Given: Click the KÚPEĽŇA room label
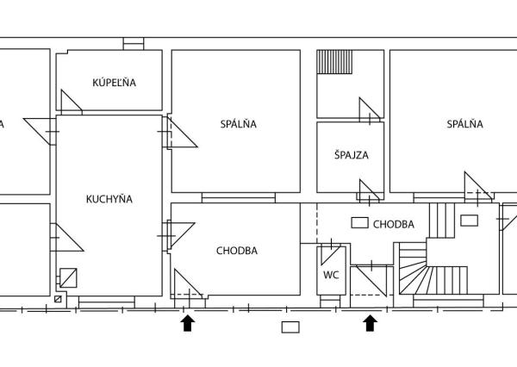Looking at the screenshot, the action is [114, 82].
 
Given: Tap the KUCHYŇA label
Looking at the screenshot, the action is [109, 199].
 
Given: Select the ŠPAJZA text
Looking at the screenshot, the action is [352, 154].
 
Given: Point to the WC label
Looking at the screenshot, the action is [331, 275].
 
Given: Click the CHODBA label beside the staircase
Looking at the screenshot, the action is [394, 224].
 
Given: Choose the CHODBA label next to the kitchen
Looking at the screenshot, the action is [237, 251].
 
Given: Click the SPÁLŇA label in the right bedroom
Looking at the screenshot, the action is [465, 124].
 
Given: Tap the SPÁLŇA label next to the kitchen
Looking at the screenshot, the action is [239, 124].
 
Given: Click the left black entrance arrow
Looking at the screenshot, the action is [188, 323].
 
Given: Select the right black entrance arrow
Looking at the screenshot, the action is [371, 323].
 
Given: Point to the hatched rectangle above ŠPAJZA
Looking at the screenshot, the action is [334, 62].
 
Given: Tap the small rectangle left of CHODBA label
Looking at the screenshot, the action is [359, 223].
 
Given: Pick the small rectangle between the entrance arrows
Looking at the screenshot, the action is [290, 327].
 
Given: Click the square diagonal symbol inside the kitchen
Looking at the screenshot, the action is [68, 278].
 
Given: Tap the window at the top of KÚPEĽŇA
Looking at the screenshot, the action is [134, 44].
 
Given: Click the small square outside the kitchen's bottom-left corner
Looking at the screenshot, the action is [58, 299].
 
